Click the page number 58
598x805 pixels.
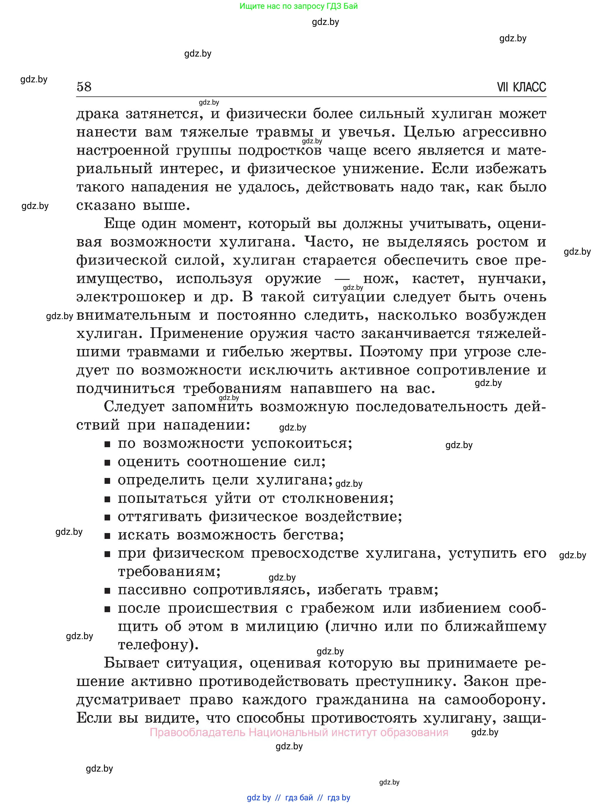(x=84, y=87)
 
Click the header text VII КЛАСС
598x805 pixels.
(x=521, y=87)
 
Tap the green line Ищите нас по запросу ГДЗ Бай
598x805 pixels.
(x=298, y=6)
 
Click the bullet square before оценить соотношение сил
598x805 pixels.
(x=107, y=463)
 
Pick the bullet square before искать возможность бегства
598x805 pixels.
(x=107, y=536)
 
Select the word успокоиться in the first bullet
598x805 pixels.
(x=302, y=444)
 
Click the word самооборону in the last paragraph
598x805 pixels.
(x=495, y=700)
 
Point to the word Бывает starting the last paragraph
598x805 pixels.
(x=131, y=663)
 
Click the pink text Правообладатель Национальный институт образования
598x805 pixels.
(x=299, y=733)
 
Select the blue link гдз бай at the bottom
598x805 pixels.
(x=299, y=797)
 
